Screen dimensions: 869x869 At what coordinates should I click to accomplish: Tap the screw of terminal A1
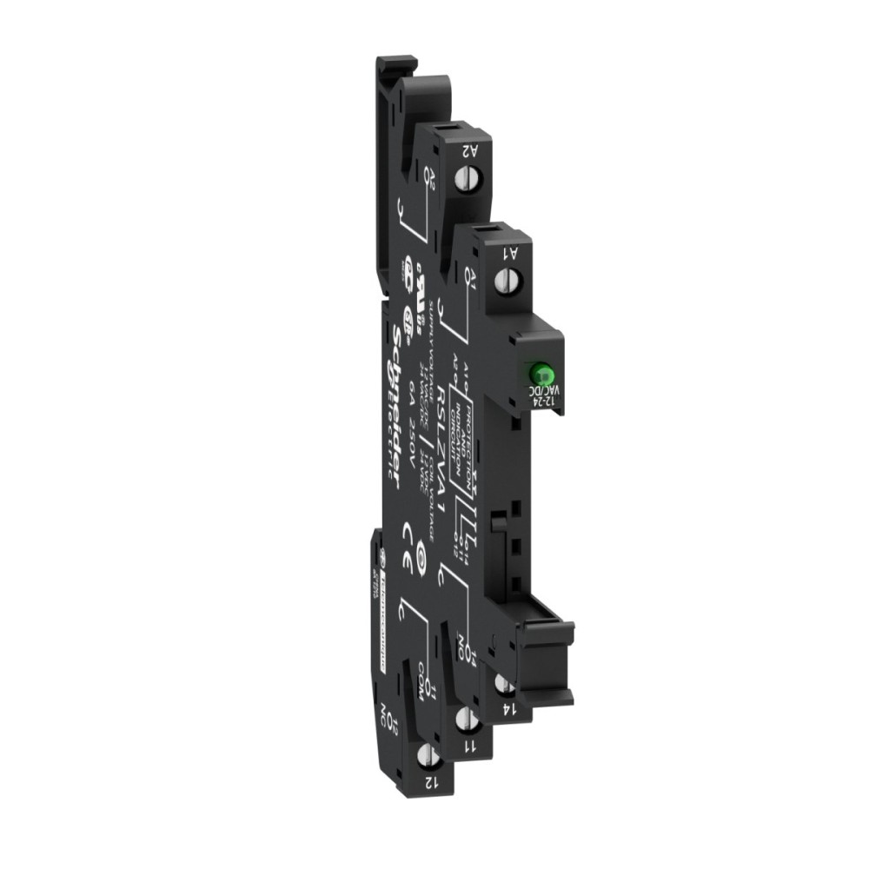(x=509, y=281)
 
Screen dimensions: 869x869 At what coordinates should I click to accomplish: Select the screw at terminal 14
(x=502, y=684)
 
